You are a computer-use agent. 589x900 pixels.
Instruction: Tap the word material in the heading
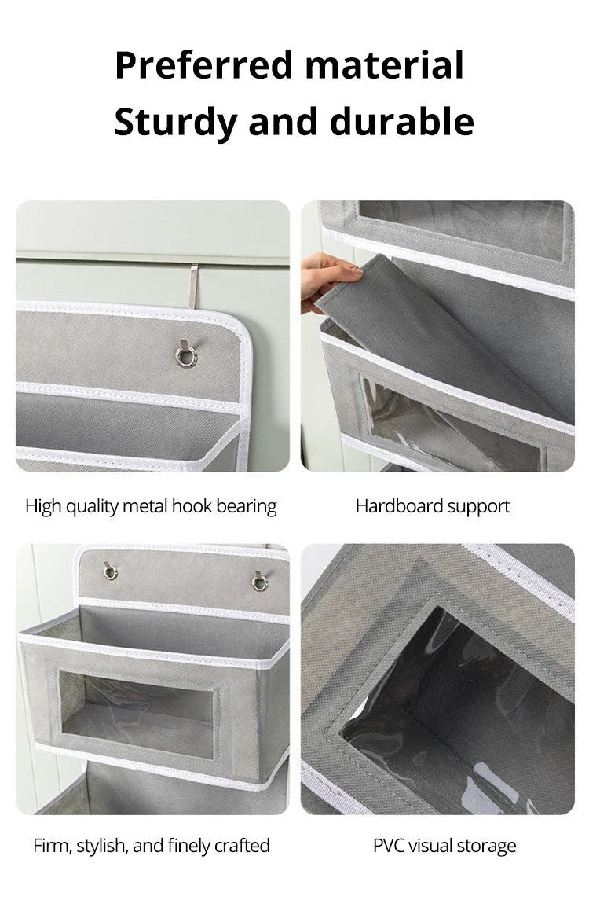point(385,64)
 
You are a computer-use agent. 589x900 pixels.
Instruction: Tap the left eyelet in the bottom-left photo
point(111,571)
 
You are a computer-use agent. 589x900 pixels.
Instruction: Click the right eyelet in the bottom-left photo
point(260,582)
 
